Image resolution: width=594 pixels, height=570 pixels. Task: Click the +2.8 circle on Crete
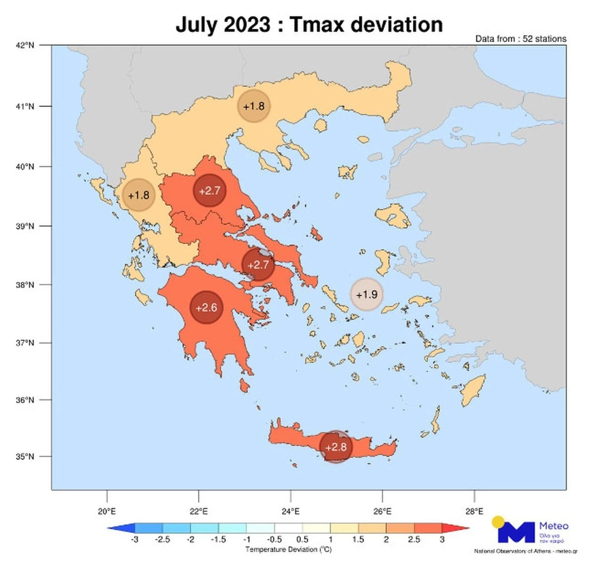pyautogui.click(x=336, y=447)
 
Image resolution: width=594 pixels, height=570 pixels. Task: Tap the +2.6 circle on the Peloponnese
pyautogui.click(x=206, y=308)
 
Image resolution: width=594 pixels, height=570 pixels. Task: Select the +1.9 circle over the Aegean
pyautogui.click(x=367, y=294)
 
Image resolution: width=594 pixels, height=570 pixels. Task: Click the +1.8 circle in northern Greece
pyautogui.click(x=254, y=106)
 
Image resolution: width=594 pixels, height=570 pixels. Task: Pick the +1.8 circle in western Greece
pyautogui.click(x=139, y=195)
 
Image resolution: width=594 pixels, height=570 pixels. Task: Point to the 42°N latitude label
pyautogui.click(x=25, y=46)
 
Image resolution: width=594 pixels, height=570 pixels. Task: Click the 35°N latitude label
pyautogui.click(x=25, y=456)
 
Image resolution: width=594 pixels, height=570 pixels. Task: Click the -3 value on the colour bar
pyautogui.click(x=134, y=539)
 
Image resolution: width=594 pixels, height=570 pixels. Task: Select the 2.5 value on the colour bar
pyautogui.click(x=414, y=539)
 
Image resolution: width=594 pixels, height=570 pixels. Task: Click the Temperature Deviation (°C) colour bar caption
pyautogui.click(x=289, y=550)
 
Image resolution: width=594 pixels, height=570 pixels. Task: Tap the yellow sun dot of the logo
pyautogui.click(x=498, y=522)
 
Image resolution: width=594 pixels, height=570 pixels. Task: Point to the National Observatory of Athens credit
pyautogui.click(x=525, y=551)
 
